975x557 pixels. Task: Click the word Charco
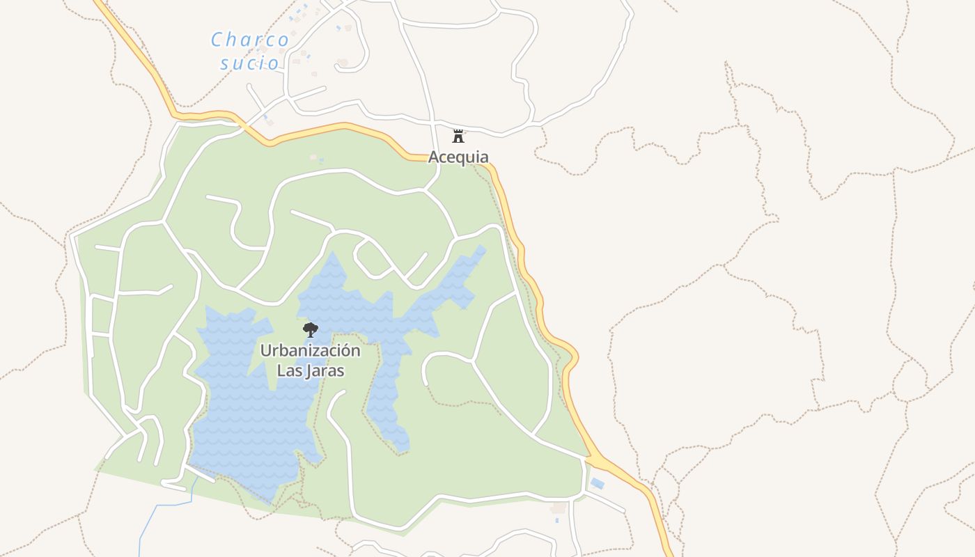(x=250, y=40)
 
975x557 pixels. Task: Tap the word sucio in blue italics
(x=250, y=63)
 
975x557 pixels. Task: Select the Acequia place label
(x=458, y=157)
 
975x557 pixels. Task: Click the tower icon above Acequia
(x=458, y=136)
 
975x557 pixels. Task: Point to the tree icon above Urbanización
(x=311, y=329)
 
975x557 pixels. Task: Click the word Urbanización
(x=311, y=350)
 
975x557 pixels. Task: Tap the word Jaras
(x=323, y=370)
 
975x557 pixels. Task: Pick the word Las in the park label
(x=288, y=370)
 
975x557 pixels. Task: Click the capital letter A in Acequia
(x=434, y=157)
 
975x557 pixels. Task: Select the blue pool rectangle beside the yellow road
(x=598, y=483)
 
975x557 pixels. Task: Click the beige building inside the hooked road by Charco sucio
(x=343, y=63)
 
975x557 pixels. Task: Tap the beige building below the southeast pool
(x=558, y=508)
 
